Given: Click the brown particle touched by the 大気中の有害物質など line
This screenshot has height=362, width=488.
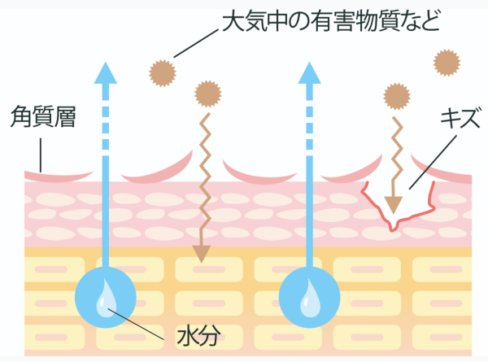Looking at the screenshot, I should coord(162,73).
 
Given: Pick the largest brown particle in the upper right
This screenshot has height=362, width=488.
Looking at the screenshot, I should coord(447,62).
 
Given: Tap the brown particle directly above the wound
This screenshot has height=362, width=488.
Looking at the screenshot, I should coord(396,96).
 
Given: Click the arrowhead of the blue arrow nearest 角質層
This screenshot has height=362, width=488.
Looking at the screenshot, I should coord(105,72).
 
